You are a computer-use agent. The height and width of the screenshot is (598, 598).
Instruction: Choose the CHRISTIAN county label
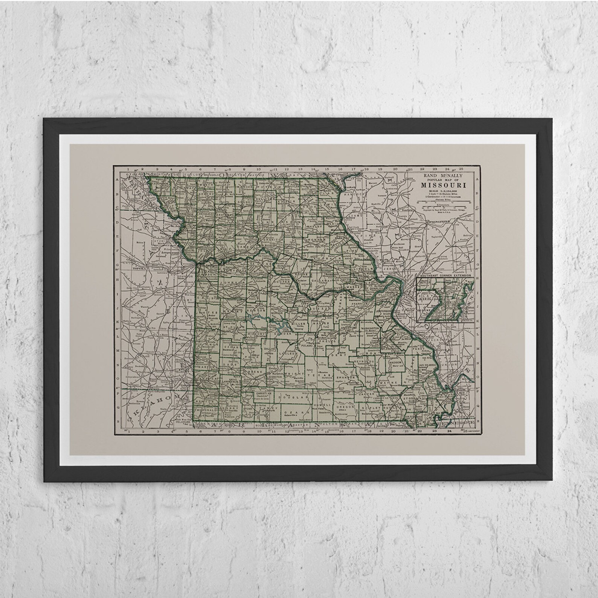[x=263, y=393]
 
